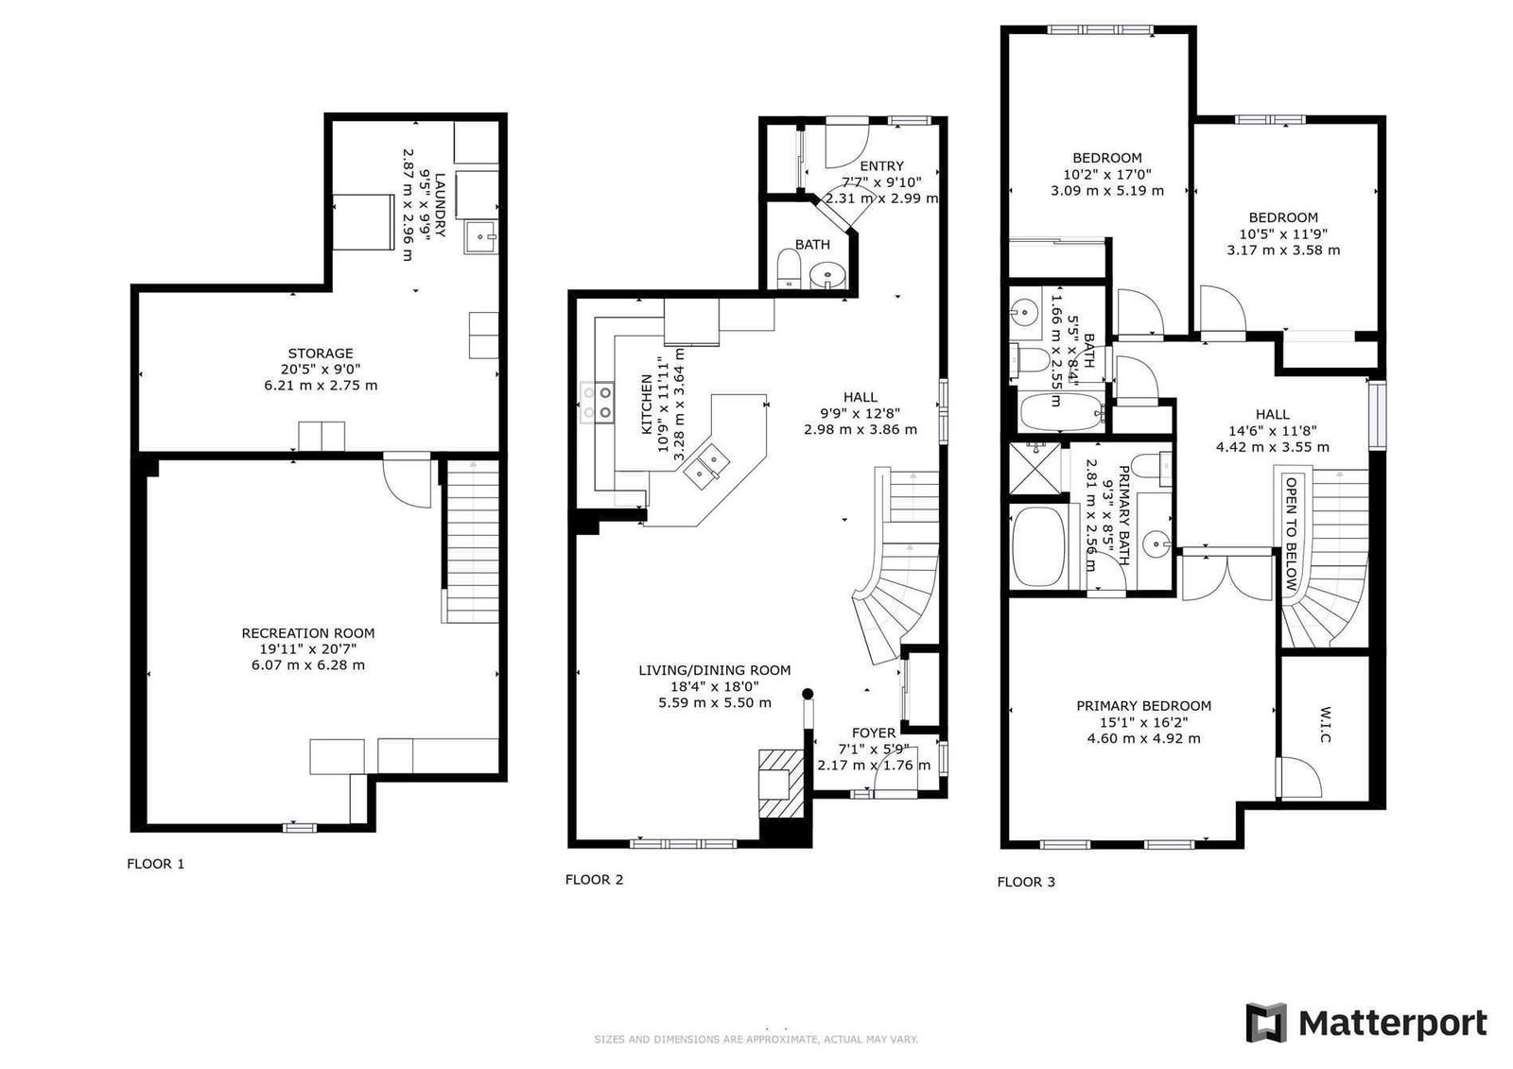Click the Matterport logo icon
point(1266,1022)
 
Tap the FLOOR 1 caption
point(155,864)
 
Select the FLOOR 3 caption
point(1025,882)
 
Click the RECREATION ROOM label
point(308,633)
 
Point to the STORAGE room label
point(321,353)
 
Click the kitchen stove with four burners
point(597,403)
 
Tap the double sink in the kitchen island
point(705,467)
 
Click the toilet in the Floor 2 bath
point(789,268)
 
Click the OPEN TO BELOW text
point(1291,533)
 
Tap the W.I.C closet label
point(1325,726)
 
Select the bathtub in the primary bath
point(1038,547)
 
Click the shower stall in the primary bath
point(1035,468)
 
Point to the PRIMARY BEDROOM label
point(1143,706)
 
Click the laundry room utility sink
point(481,237)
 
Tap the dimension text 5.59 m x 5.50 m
point(715,703)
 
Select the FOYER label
point(874,733)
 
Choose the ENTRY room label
point(881,166)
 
